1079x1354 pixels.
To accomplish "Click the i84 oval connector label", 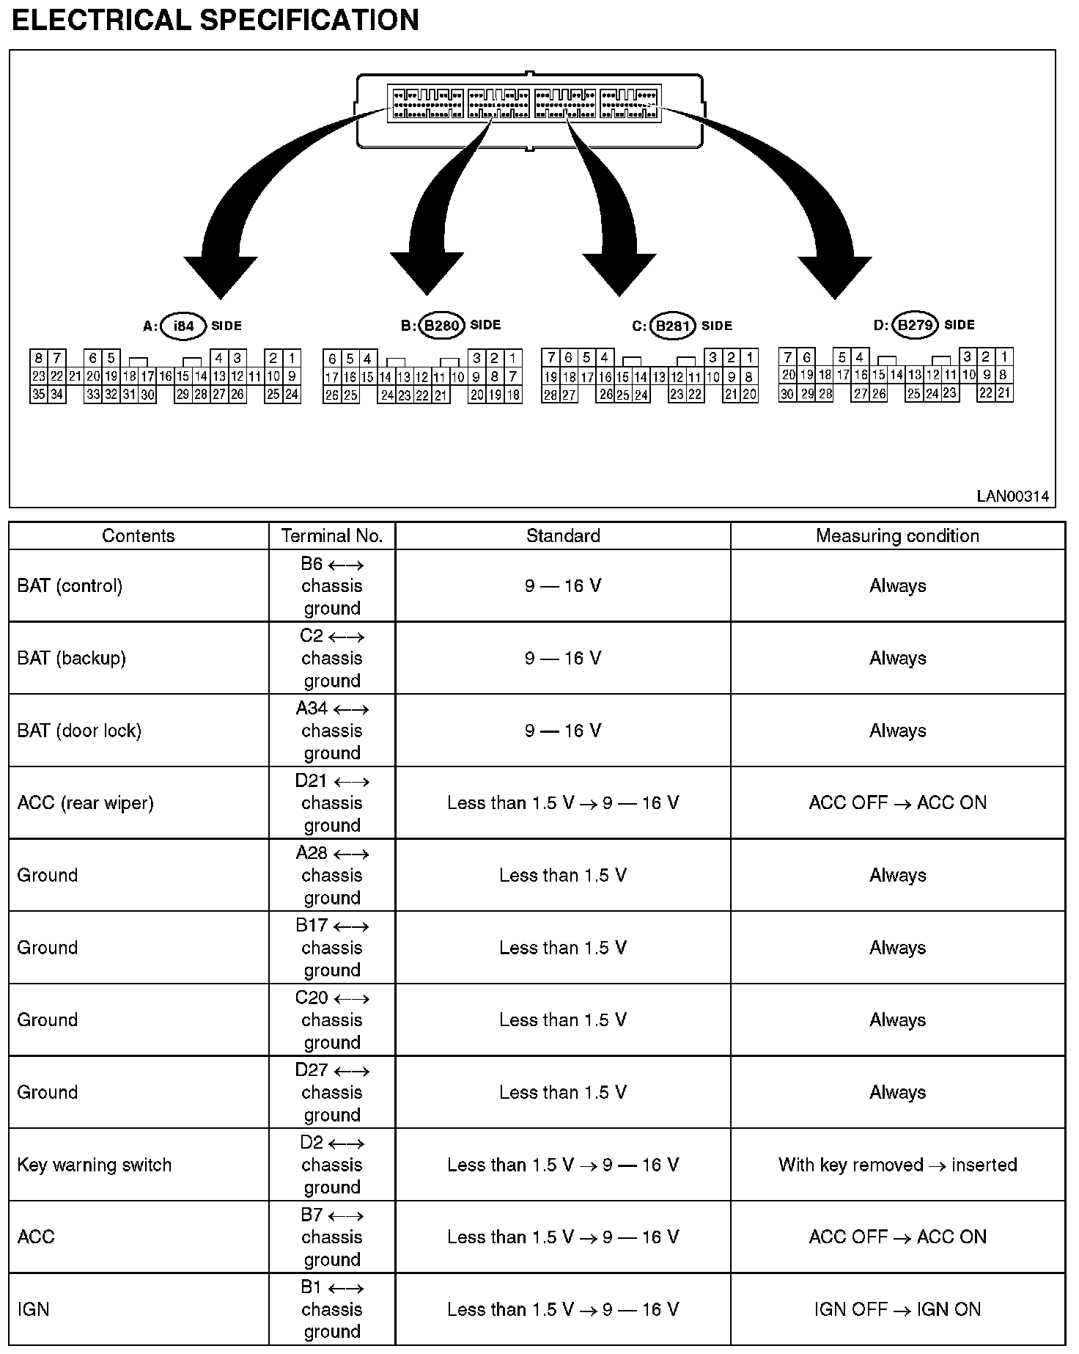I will point(183,326).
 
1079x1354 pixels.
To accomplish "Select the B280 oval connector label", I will point(441,326).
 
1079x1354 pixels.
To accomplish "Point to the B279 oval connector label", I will point(915,325).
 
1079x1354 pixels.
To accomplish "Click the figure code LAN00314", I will point(1012,497).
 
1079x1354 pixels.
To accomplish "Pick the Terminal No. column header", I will point(332,536).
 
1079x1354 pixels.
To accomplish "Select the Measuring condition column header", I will point(897,536).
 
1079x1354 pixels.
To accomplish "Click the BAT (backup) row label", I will point(71,658).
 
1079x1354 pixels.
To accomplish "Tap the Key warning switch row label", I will point(94,1165).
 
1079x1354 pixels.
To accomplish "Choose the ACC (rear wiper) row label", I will point(85,803).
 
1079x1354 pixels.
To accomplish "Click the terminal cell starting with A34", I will point(332,731).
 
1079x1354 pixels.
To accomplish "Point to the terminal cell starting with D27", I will point(332,1092).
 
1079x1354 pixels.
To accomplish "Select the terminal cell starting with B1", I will point(332,1309).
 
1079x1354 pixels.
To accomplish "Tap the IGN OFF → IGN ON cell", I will point(897,1309).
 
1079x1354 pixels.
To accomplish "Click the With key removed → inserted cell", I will point(897,1165).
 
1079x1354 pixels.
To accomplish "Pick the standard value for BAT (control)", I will point(562,586).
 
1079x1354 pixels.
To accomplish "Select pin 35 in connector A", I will point(38,395).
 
